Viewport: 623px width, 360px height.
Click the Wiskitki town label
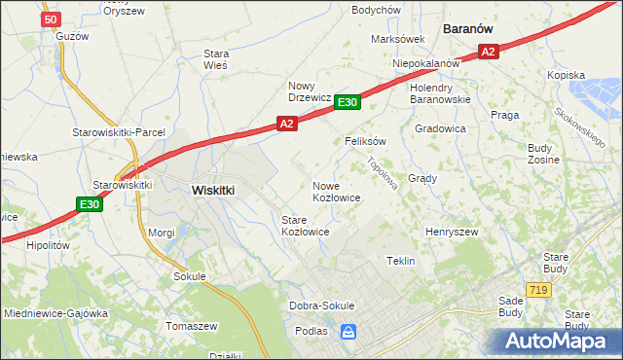pyautogui.click(x=212, y=191)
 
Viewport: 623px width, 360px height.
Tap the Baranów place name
pyautogui.click(x=471, y=29)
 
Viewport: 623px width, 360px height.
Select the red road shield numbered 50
pyautogui.click(x=52, y=19)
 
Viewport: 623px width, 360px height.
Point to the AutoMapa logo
pyautogui.click(x=558, y=342)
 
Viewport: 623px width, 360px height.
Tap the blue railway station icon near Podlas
pyautogui.click(x=348, y=333)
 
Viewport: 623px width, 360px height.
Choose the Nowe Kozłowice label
pyautogui.click(x=337, y=191)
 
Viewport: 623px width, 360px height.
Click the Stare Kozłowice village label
pyautogui.click(x=305, y=226)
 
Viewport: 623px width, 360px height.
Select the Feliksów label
pyautogui.click(x=366, y=141)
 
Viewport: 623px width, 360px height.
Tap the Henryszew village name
pyautogui.click(x=452, y=233)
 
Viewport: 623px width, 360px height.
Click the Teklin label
pyautogui.click(x=401, y=261)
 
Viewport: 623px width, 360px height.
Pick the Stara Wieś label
pyautogui.click(x=215, y=59)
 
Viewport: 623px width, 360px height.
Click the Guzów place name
pyautogui.click(x=72, y=36)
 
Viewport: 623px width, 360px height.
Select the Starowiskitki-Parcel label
pyautogui.click(x=119, y=132)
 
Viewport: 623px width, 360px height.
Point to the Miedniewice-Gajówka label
pyautogui.click(x=55, y=314)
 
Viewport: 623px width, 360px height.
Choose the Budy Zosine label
pyautogui.click(x=541, y=153)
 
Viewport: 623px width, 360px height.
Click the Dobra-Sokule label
pyautogui.click(x=322, y=306)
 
